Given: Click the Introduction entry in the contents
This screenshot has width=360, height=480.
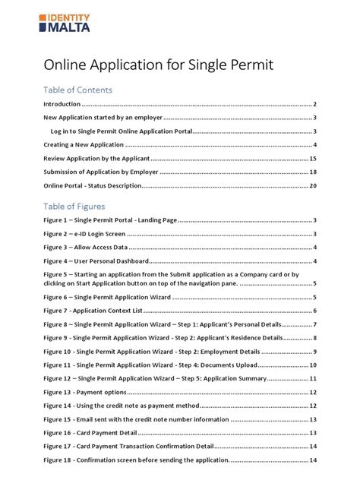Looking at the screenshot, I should (x=62, y=104).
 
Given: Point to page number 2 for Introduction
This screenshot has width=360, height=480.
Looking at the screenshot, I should (x=314, y=104).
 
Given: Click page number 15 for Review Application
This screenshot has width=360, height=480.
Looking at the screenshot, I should (x=312, y=159).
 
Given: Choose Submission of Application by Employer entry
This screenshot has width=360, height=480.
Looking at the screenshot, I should (x=100, y=172).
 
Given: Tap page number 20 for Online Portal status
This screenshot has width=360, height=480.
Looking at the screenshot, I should (x=312, y=186).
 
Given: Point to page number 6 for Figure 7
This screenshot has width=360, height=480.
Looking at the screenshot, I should (x=314, y=311).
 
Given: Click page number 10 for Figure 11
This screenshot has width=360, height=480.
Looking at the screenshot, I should (x=312, y=365).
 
